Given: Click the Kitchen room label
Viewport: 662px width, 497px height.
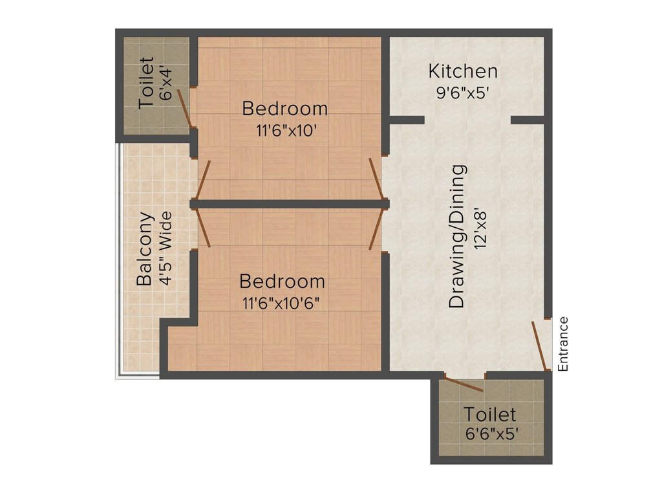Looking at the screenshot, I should (464, 71).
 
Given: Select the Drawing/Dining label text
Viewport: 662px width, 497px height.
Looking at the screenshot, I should (457, 236).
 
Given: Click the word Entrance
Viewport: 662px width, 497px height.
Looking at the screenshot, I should (563, 343).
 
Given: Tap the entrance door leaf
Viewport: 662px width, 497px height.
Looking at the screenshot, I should (539, 346).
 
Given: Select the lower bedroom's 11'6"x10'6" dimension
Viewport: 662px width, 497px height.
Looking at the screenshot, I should (282, 303).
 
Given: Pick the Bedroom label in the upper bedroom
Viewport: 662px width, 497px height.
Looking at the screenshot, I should (285, 108).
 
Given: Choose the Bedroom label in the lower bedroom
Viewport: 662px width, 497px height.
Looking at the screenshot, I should (282, 282).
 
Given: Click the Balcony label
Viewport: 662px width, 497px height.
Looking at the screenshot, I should (145, 249).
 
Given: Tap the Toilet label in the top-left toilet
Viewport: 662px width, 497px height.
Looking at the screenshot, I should (147, 83).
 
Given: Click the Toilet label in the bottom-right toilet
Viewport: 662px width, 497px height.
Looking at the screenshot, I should (489, 414).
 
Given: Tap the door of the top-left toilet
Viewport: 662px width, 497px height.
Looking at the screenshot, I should (185, 109).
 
